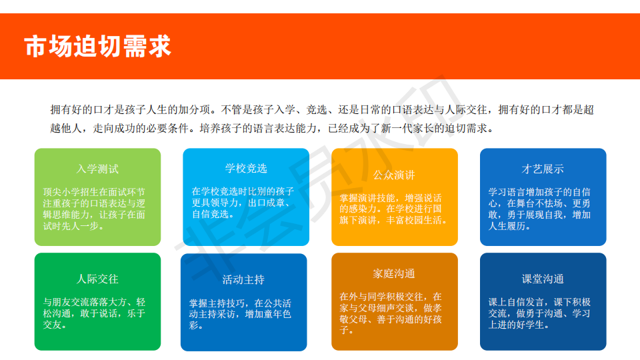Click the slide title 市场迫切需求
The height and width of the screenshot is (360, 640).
point(97,46)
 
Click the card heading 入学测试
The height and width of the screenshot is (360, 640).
point(97,169)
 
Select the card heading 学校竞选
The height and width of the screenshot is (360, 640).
point(246,168)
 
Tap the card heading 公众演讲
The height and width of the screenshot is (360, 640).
point(394,175)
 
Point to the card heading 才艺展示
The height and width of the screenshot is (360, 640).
point(543,169)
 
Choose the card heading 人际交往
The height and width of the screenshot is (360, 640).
point(97,279)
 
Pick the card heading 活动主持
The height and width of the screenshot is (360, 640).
point(244,279)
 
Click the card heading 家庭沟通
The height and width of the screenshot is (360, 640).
point(394,273)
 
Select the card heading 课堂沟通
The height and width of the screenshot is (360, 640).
point(543,279)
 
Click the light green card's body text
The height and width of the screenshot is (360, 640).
point(94,209)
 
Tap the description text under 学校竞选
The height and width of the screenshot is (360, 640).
point(243,203)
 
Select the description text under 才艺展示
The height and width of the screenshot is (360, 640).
point(539,209)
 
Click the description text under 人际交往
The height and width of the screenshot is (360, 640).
point(94,313)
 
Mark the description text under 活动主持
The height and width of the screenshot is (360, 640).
point(240,314)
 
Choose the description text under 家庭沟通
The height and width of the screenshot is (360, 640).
point(391,313)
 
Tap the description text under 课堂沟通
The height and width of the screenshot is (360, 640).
point(539,313)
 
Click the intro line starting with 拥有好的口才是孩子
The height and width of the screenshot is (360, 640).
point(322,109)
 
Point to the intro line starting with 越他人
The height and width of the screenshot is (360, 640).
point(273,128)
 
